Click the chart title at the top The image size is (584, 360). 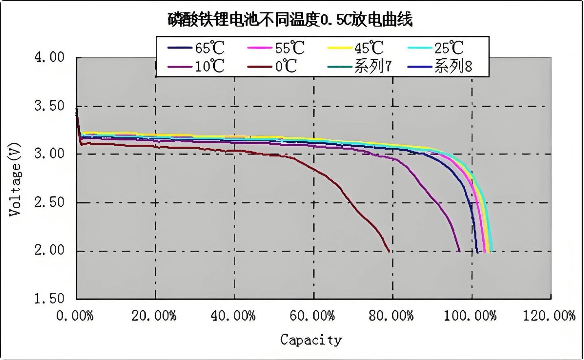[x=290, y=20]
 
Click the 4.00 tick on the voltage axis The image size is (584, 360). [x=50, y=57]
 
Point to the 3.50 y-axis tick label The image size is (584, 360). [x=50, y=106]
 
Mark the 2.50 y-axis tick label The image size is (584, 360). [x=50, y=202]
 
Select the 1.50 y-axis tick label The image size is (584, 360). [x=50, y=299]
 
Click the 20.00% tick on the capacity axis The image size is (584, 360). [x=154, y=316]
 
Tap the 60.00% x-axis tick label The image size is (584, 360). [x=312, y=316]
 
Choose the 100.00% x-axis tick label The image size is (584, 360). [x=470, y=316]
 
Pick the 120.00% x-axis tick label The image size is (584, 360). [x=549, y=316]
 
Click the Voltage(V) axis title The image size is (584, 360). [x=15, y=179]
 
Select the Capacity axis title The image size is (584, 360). [x=311, y=340]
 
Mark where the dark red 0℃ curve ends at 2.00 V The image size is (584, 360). [x=389, y=251]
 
